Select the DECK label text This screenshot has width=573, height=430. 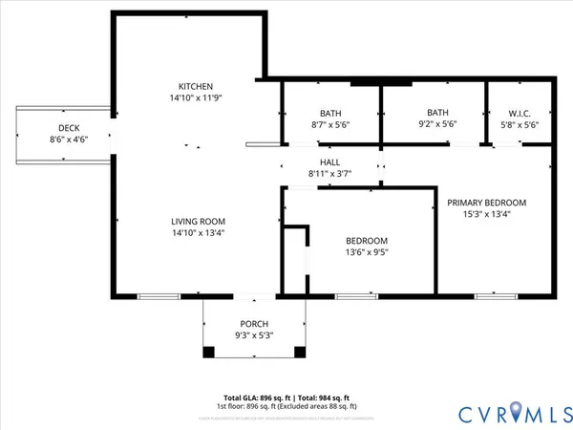pyautogui.click(x=69, y=127)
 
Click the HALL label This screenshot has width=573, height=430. pyautogui.click(x=331, y=162)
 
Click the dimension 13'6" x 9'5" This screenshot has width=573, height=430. pyautogui.click(x=367, y=253)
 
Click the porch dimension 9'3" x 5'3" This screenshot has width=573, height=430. pyautogui.click(x=253, y=336)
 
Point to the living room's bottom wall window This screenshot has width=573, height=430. pyautogui.click(x=159, y=296)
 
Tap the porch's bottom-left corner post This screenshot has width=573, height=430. pyautogui.click(x=208, y=353)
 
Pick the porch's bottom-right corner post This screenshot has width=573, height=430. pyautogui.click(x=300, y=353)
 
